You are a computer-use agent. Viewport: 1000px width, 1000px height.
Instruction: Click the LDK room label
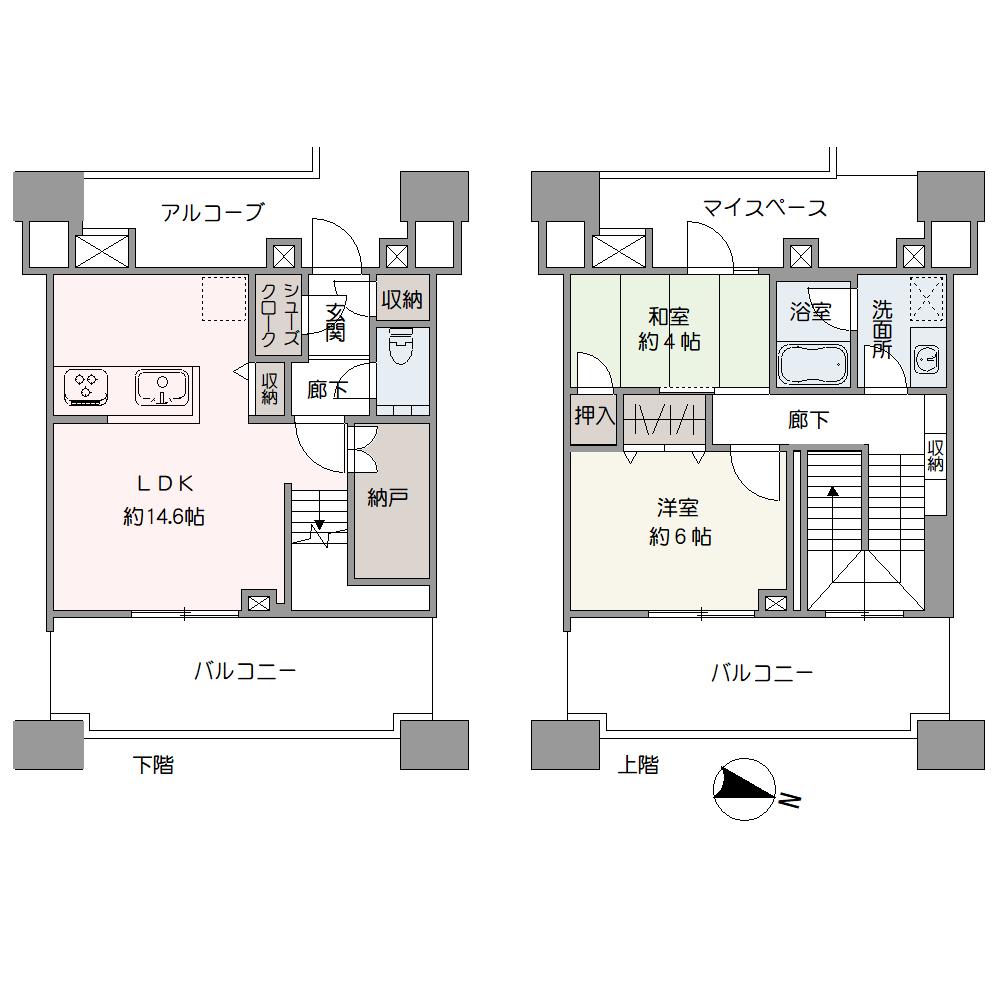coord(165,484)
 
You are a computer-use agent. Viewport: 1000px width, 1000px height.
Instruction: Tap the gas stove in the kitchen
coord(85,387)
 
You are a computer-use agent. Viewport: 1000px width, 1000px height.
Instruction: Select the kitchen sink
coord(161,388)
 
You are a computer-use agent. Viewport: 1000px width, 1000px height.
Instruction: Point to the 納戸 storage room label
coord(388,497)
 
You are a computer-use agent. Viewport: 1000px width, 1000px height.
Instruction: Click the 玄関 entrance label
coord(335,322)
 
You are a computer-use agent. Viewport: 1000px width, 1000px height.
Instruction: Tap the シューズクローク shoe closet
coord(279,314)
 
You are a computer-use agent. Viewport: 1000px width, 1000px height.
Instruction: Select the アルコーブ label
coord(212,212)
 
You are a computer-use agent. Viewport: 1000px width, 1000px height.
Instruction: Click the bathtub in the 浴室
coord(813,365)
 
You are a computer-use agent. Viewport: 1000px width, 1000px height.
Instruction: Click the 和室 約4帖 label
coord(669,329)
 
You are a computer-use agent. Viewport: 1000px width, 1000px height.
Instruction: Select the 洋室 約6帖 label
coord(679,522)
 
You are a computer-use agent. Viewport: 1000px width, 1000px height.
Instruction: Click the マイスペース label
coord(764,208)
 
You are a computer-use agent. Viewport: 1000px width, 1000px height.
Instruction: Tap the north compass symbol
coord(744,789)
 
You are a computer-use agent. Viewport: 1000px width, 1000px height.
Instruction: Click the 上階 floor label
coord(638,764)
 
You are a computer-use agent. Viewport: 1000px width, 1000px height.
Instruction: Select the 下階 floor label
coord(153,764)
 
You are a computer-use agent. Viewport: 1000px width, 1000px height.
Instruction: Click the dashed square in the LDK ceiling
coord(224,298)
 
